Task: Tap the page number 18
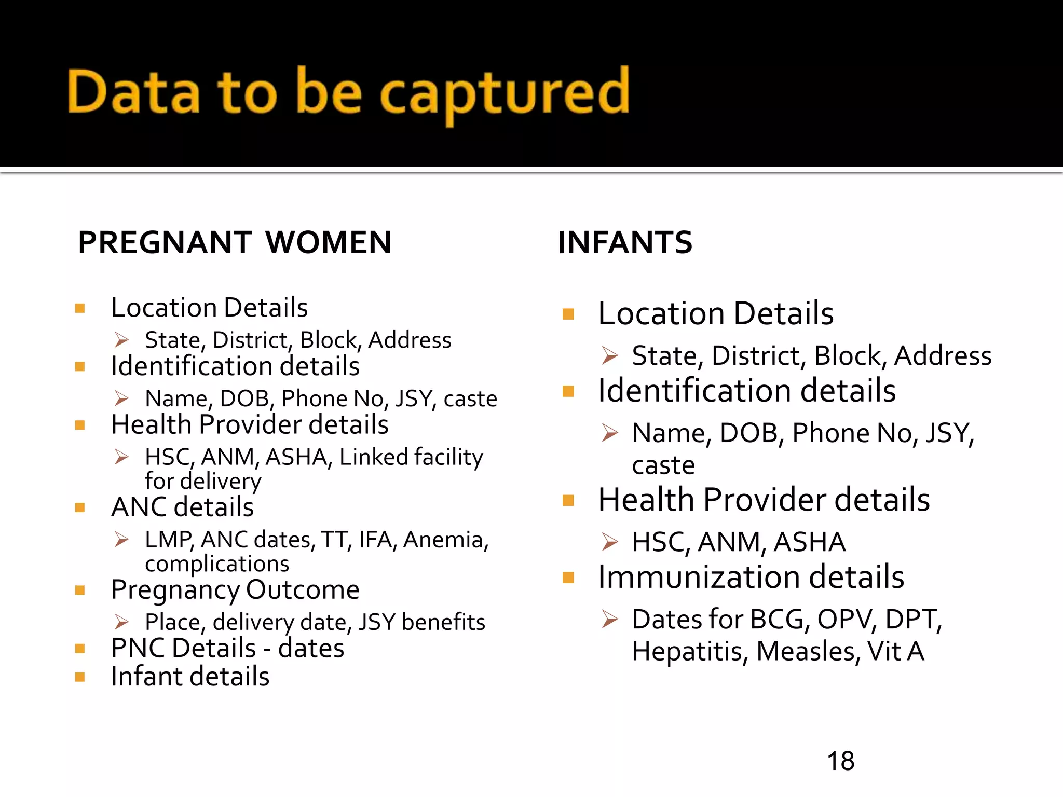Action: pos(840,761)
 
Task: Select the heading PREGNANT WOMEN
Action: pos(235,242)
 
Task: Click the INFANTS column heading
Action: pos(625,242)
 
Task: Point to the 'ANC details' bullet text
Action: pos(183,507)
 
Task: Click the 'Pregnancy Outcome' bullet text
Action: pos(235,590)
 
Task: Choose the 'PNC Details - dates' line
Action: pos(227,648)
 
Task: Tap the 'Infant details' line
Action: pos(190,677)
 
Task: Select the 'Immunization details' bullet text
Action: pos(751,577)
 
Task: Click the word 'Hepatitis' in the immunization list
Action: pos(689,652)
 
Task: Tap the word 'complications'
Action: pos(217,564)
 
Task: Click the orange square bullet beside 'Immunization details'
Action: pos(568,578)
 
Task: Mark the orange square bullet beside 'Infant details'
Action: pos(80,677)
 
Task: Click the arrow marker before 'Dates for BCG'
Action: pos(610,619)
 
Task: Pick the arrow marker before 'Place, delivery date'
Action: pos(121,622)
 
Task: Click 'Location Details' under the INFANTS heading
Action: pos(716,313)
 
